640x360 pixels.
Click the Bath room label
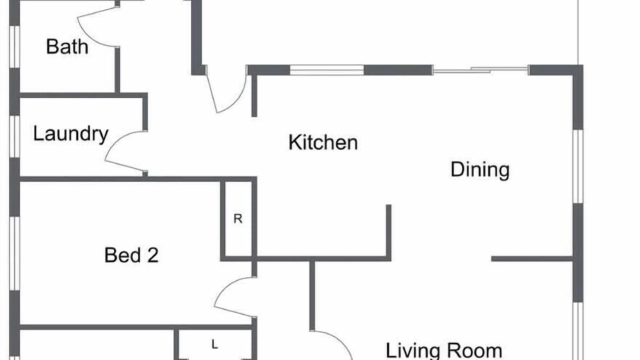[x=67, y=46]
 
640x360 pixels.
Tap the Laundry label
[x=71, y=134]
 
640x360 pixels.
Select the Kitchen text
[x=323, y=142]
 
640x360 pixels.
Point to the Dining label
[x=480, y=170]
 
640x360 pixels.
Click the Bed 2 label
[x=131, y=255]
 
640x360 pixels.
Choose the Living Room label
[x=443, y=351]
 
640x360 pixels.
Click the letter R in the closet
[x=238, y=218]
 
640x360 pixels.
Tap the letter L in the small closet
[x=215, y=344]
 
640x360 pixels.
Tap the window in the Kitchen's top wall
[x=327, y=70]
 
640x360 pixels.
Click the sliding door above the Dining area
[x=480, y=69]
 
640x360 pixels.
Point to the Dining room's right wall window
[x=578, y=166]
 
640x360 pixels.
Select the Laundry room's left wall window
[x=14, y=136]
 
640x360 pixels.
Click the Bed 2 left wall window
[x=14, y=253]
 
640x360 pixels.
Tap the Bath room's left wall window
[x=14, y=47]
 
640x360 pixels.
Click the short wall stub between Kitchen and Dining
[x=388, y=231]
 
